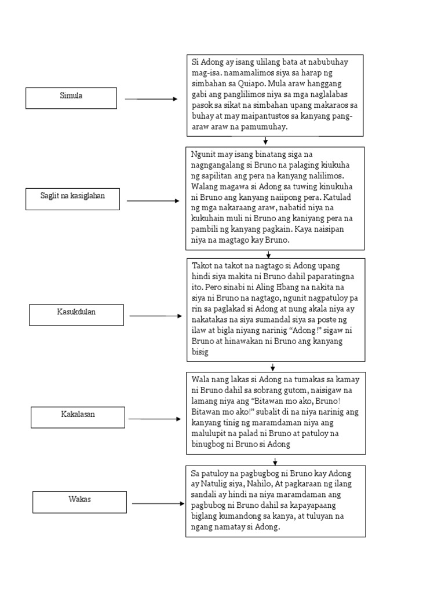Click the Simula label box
click(71, 97)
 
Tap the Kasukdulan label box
click(76, 314)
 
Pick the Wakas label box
click(79, 502)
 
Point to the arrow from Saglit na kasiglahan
click(153, 201)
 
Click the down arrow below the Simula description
click(265, 141)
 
